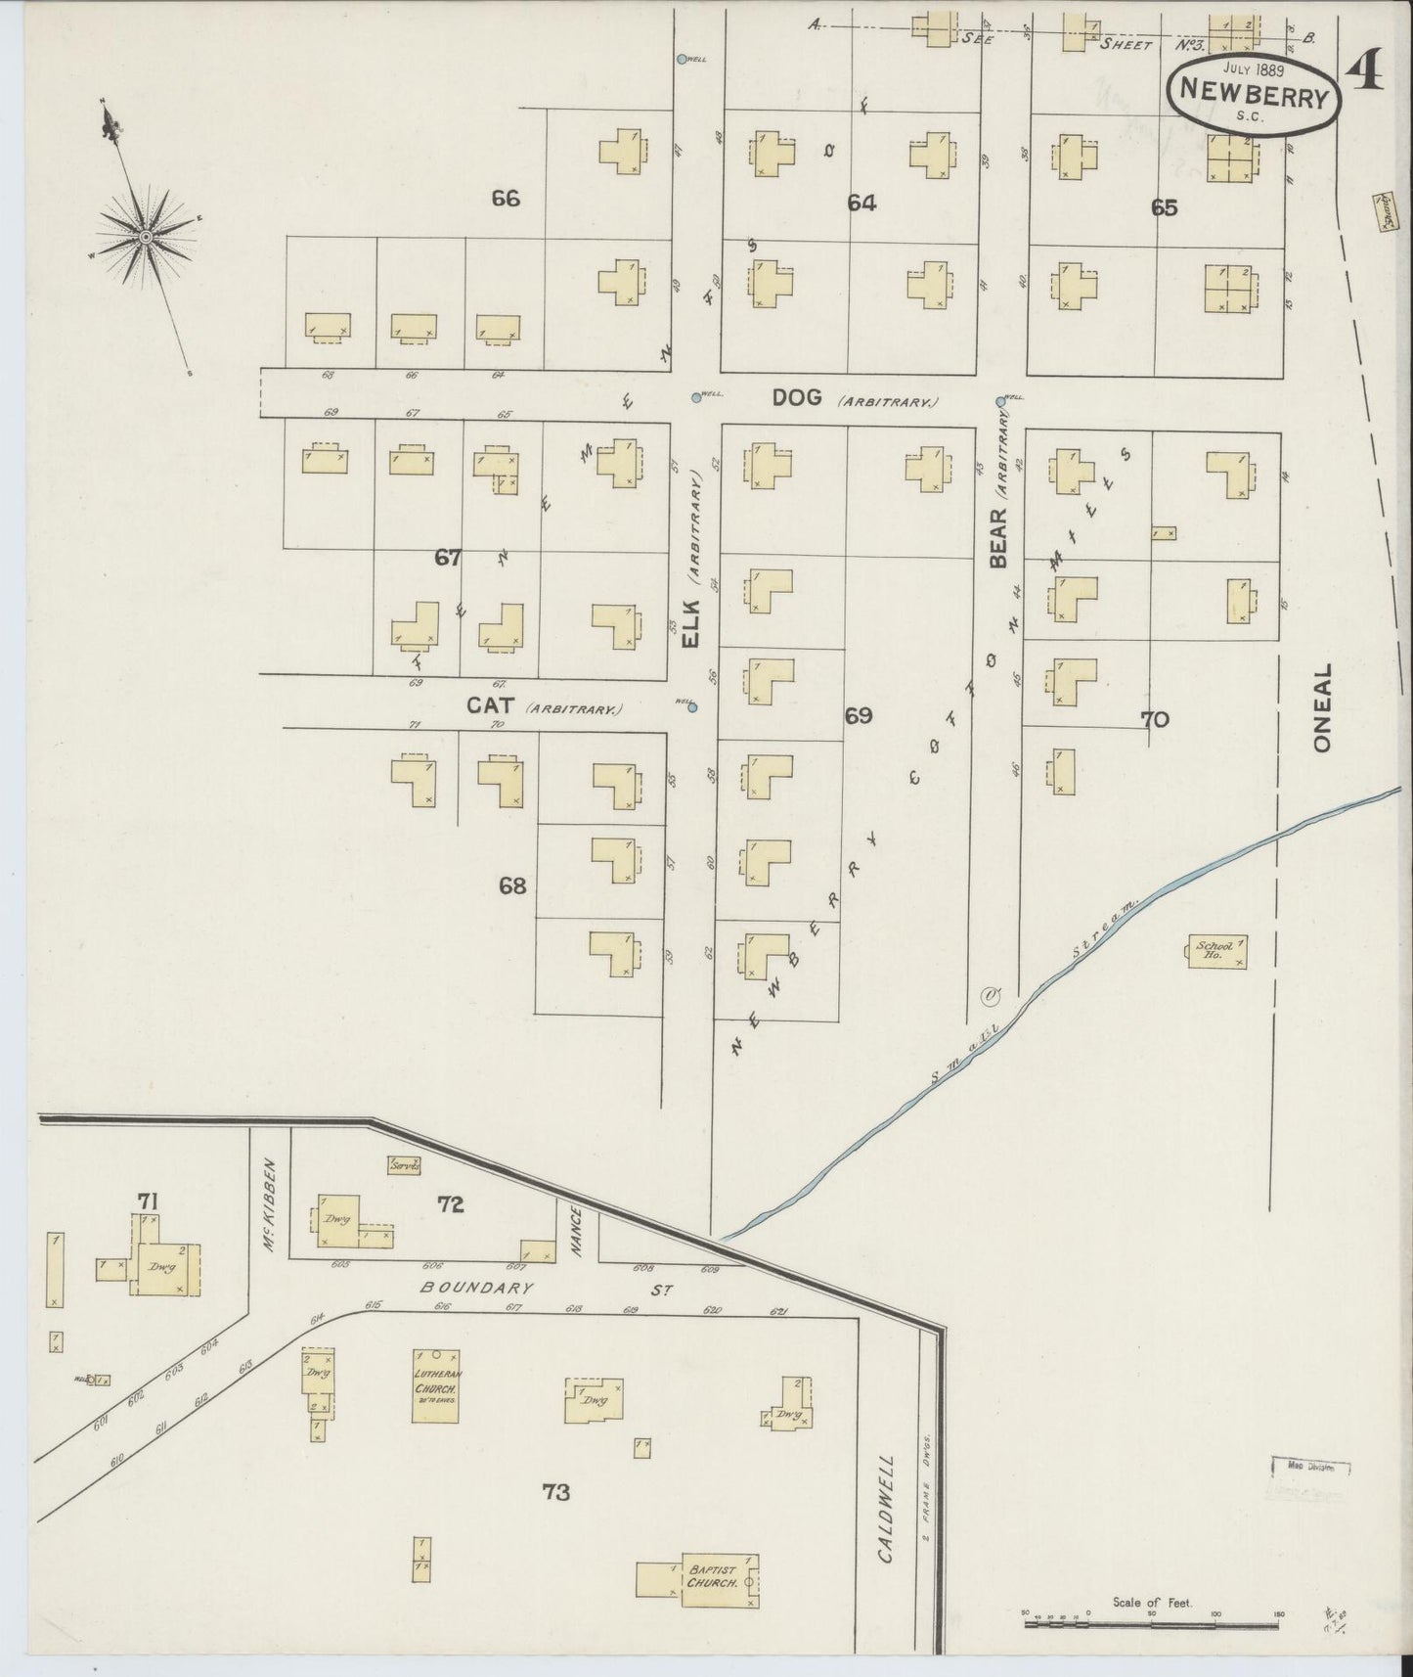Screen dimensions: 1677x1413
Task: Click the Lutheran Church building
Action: [436, 1385]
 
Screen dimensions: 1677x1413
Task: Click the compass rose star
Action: [145, 237]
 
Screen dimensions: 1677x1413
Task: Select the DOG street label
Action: [797, 398]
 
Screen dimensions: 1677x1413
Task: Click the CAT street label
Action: [491, 704]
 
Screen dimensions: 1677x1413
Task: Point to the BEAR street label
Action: [998, 538]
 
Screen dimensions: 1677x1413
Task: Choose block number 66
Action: [506, 199]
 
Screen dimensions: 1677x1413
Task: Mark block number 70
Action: [1154, 719]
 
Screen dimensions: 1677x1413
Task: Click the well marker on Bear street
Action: [1000, 400]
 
